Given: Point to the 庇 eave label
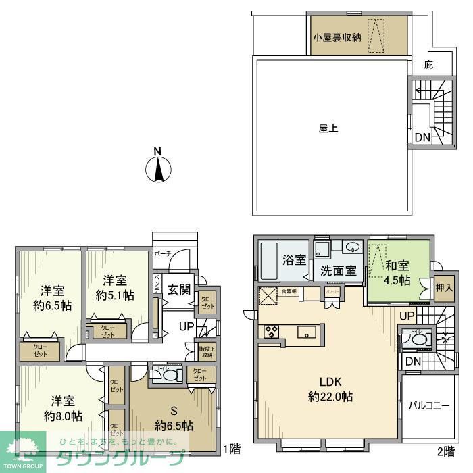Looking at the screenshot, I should [428, 66].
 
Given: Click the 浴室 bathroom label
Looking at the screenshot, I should [295, 259].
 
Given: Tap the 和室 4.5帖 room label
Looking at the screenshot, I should [397, 272].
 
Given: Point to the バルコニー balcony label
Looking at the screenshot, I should [429, 407].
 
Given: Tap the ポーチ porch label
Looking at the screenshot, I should [163, 253].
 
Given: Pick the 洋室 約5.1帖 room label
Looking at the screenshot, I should [115, 287].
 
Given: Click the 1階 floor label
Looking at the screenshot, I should [232, 447].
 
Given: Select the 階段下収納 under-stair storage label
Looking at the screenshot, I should [206, 351].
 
